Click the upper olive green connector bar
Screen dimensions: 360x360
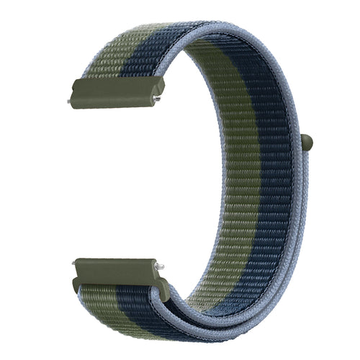(115, 93)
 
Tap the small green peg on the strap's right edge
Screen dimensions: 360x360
(308, 143)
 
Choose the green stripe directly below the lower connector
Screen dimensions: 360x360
(94, 302)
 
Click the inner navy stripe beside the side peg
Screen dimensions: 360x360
(274, 144)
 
